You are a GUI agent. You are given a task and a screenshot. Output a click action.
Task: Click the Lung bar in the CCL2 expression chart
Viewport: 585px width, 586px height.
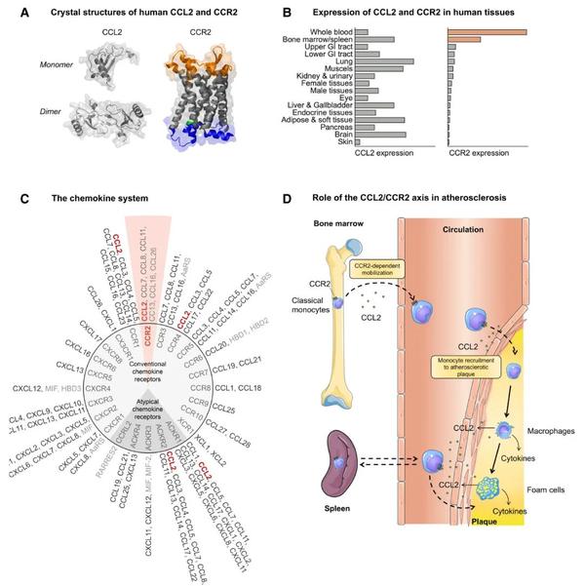point(384,60)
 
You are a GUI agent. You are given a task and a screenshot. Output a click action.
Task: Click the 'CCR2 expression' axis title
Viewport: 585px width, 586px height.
point(484,153)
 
